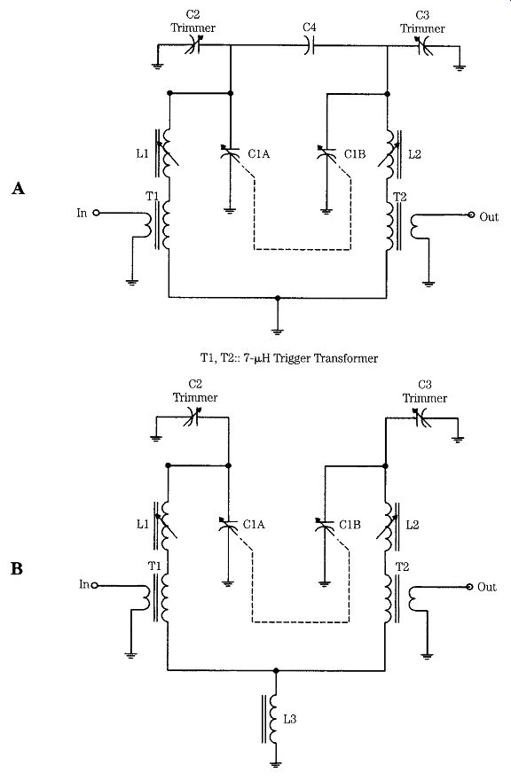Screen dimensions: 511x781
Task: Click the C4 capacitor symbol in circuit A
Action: pyautogui.click(x=310, y=46)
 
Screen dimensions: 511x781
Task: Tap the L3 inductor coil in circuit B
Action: pyautogui.click(x=273, y=718)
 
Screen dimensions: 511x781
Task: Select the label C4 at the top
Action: pyautogui.click(x=309, y=27)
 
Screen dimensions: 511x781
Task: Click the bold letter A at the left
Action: pyautogui.click(x=18, y=188)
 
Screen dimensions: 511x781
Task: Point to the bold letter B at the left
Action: pyautogui.click(x=17, y=568)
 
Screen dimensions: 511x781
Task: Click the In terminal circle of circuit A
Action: pyautogui.click(x=96, y=213)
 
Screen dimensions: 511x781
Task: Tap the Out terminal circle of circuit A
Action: pyautogui.click(x=470, y=215)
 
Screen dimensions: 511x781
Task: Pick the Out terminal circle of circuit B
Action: pyautogui.click(x=468, y=587)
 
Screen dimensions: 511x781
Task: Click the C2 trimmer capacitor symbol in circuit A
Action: pyautogui.click(x=193, y=45)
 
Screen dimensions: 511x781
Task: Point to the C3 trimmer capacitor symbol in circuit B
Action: pyautogui.click(x=423, y=418)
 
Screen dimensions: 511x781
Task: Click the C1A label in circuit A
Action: pyautogui.click(x=259, y=153)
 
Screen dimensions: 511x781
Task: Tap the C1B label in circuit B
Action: pyautogui.click(x=350, y=525)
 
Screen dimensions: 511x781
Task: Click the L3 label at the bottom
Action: pyautogui.click(x=289, y=719)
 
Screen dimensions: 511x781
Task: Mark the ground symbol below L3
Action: pyautogui.click(x=275, y=763)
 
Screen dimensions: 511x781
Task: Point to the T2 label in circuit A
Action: pyautogui.click(x=400, y=197)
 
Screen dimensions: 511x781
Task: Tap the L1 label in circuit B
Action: pyautogui.click(x=143, y=524)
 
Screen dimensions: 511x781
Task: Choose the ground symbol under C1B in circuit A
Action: pyautogui.click(x=326, y=211)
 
